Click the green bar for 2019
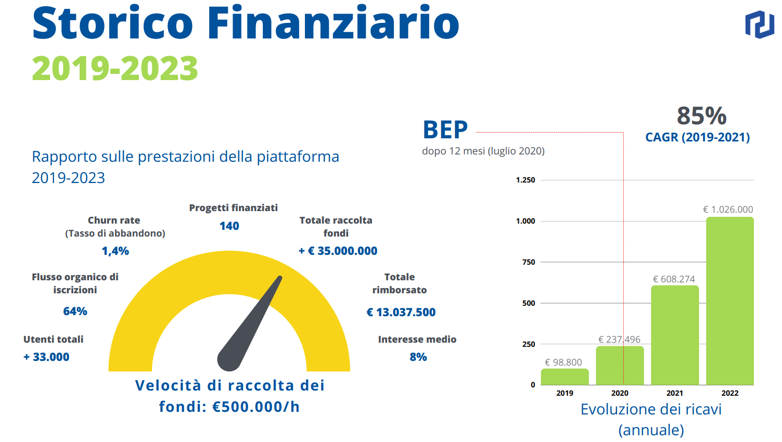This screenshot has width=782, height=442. [x=565, y=377]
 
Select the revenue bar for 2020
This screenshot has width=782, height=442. [x=620, y=366]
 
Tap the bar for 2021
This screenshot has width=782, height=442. [x=675, y=335]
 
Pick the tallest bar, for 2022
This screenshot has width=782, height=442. [x=729, y=301]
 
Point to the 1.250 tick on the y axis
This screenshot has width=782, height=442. [x=525, y=180]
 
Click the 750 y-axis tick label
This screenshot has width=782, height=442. [x=529, y=262]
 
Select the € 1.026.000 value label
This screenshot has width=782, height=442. [x=728, y=210]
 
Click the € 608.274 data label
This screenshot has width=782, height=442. [x=674, y=279]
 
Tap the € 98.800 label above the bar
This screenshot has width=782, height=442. [x=563, y=362]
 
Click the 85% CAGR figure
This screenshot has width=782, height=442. [x=701, y=116]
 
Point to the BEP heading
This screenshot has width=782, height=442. [x=445, y=130]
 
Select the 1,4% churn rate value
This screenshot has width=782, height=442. [x=115, y=251]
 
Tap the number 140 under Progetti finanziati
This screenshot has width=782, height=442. [x=229, y=226]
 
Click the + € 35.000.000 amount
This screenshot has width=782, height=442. [x=338, y=251]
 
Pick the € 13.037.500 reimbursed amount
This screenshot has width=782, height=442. [x=401, y=313]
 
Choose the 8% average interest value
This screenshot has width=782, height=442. [x=418, y=357]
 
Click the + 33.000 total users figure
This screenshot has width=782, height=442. [x=46, y=357]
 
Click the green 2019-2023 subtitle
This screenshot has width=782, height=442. [x=115, y=69]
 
